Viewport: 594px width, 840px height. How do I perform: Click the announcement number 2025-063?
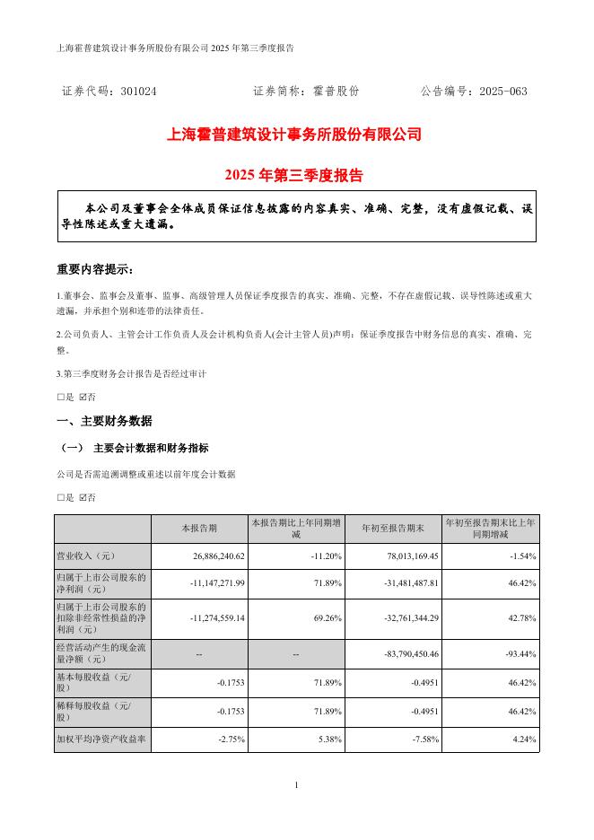(x=503, y=92)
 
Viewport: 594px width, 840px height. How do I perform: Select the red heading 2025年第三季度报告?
(x=295, y=175)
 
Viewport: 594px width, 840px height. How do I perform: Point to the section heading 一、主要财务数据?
(x=104, y=421)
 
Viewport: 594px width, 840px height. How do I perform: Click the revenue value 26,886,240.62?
(x=207, y=556)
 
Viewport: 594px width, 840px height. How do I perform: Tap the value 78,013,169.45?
(x=409, y=556)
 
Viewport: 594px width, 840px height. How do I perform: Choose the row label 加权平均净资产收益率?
(x=100, y=740)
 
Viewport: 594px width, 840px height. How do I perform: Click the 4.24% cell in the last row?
(x=523, y=740)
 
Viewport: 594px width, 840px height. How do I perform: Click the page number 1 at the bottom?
(x=296, y=786)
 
